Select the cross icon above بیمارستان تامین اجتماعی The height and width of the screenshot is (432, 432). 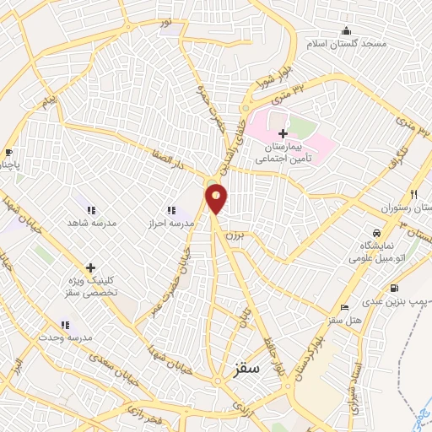(x=283, y=133)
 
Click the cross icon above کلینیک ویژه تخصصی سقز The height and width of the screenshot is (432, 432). (x=90, y=268)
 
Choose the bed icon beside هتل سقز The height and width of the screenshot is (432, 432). (x=343, y=307)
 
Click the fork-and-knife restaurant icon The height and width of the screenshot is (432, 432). (x=413, y=193)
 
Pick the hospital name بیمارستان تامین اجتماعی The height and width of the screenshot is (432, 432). (x=283, y=152)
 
